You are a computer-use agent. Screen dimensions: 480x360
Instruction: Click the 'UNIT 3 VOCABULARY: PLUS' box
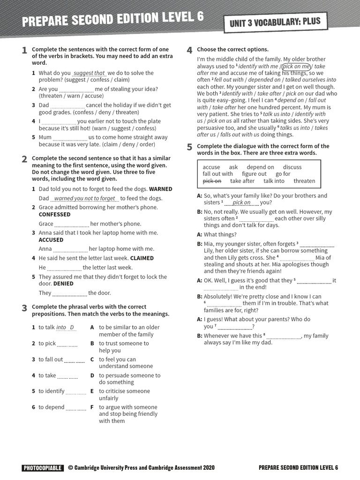pos(275,23)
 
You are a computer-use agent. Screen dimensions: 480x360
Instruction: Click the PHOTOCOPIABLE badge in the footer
pos(42,467)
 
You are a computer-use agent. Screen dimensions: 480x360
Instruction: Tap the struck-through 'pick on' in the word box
pos(212,181)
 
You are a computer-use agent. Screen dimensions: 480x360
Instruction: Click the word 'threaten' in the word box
pos(304,181)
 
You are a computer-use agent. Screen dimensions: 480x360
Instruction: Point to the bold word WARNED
pos(161,189)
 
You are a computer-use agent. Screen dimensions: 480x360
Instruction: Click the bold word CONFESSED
pos(54,214)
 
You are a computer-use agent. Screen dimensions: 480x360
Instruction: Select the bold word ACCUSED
pos(51,240)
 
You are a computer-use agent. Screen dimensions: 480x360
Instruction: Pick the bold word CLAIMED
pos(142,258)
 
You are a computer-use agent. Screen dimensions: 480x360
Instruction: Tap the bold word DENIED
pos(64,284)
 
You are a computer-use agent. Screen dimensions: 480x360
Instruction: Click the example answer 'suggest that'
pos(90,73)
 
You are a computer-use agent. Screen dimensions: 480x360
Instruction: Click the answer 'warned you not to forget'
pos(84,198)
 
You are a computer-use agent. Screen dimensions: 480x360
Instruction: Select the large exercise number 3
pos(24,308)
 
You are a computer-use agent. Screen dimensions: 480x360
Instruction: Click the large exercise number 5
pos(189,147)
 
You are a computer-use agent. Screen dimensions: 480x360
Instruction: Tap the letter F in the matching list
pos(92,407)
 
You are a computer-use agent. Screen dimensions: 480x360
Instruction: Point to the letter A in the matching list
pos(92,327)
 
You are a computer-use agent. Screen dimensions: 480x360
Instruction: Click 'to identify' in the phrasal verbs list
pos(51,391)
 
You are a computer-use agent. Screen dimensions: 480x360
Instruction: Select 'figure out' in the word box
pos(254,174)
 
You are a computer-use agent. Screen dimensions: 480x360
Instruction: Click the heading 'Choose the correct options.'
pos(232,49)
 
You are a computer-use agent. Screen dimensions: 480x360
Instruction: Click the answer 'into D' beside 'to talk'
pos(65,327)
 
